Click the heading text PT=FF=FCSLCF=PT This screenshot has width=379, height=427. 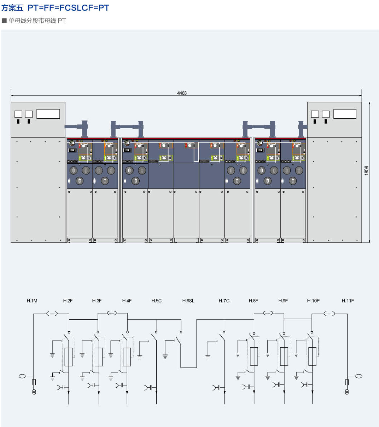68,8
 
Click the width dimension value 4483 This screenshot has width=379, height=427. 182,93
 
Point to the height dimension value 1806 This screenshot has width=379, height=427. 367,170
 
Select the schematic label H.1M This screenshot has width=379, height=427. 32,301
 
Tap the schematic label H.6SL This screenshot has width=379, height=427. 188,301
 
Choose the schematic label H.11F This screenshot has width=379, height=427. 348,301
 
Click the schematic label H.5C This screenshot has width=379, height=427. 156,301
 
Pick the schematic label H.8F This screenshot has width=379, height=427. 253,301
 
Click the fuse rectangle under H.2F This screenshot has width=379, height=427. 69,357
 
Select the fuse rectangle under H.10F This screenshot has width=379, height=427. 312,356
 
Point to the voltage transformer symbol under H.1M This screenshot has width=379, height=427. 34,392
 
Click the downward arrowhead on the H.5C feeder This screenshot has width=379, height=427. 156,392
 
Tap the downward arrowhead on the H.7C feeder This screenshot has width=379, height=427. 225,392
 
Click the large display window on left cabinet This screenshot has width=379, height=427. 48,114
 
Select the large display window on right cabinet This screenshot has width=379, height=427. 345,114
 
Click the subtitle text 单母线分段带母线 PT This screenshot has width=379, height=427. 37,21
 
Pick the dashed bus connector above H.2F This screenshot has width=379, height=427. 52,313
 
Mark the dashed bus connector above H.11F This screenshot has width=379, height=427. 330,313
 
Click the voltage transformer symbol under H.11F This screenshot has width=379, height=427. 347,392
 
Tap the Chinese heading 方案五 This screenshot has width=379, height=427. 12,8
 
